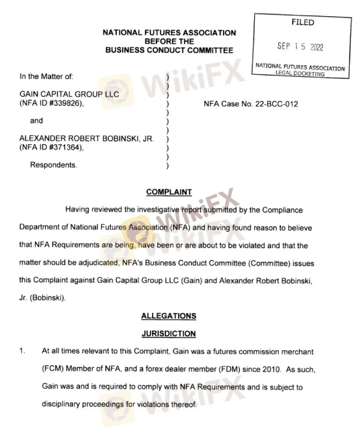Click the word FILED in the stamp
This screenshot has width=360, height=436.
(x=302, y=23)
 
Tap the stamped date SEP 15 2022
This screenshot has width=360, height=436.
(x=300, y=47)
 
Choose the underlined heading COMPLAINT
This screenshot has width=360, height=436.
(x=169, y=192)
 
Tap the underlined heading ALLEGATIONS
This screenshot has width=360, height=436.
(x=169, y=316)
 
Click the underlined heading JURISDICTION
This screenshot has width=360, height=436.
(x=169, y=334)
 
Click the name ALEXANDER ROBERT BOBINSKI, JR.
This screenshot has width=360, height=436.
(x=87, y=139)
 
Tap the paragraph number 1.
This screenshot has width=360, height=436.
(x=22, y=351)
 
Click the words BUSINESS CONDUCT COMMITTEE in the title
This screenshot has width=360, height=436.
(x=169, y=50)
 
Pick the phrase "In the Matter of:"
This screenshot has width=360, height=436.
(x=46, y=77)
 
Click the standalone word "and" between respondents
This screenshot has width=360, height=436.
(x=36, y=121)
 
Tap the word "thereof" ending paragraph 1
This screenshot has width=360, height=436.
(x=185, y=404)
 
